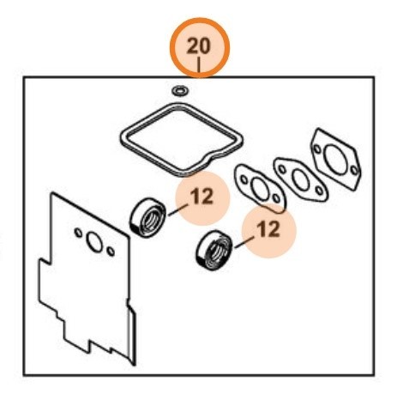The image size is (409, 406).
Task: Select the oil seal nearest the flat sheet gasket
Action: click(x=147, y=217)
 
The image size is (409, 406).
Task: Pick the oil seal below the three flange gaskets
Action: click(x=214, y=251)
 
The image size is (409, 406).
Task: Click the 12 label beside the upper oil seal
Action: click(x=202, y=197)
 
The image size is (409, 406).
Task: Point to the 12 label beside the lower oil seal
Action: click(x=268, y=229)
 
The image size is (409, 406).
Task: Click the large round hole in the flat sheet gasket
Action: click(x=94, y=242)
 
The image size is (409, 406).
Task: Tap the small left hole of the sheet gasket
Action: click(x=78, y=233)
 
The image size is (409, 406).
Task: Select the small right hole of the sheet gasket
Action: click(x=111, y=251)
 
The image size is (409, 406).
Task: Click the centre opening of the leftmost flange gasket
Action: click(x=260, y=189)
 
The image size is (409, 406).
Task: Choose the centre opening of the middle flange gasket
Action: click(x=300, y=179)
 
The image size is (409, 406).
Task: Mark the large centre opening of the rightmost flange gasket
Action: click(x=336, y=160)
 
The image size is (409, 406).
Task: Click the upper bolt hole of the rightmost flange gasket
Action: click(x=317, y=148)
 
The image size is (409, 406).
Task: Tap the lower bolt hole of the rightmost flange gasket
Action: click(x=354, y=170)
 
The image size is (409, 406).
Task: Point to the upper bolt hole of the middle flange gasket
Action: click(x=282, y=169)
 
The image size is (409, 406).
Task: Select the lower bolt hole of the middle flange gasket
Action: click(x=319, y=190)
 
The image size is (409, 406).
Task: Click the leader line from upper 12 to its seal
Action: click(x=178, y=210)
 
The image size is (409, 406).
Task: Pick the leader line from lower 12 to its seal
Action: click(x=244, y=242)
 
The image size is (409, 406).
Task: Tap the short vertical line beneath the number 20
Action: click(x=199, y=65)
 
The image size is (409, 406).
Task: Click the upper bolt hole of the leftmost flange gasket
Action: click(x=244, y=179)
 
